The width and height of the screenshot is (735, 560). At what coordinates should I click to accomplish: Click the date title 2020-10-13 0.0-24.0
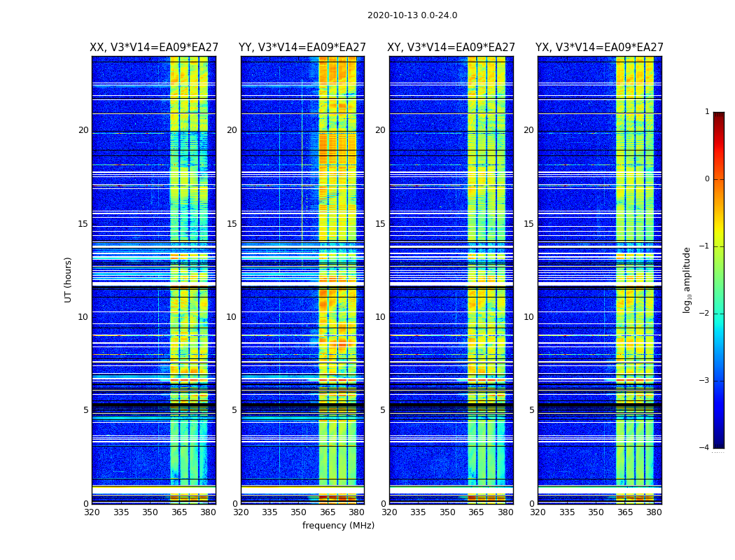coord(412,15)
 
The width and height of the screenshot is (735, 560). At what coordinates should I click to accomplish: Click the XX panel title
coord(153,48)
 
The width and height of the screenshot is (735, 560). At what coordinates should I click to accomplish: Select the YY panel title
coord(302,48)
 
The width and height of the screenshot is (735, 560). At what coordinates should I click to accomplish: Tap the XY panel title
coord(451,48)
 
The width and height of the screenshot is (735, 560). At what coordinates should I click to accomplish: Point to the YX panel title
coord(599,48)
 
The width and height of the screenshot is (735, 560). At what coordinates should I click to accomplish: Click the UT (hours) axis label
coord(69,279)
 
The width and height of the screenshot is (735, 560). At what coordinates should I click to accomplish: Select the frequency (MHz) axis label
coord(338,526)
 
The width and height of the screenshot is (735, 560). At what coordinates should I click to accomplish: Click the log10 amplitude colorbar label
coord(687,280)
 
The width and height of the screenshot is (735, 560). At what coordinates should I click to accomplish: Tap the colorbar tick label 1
coord(707,112)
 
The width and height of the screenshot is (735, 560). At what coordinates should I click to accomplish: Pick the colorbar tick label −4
coord(705,448)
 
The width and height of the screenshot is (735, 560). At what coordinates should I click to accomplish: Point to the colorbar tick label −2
coord(705,314)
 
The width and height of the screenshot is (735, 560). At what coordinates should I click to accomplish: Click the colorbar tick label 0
coord(707,179)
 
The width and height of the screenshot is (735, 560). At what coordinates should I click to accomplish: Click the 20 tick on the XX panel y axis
coord(83,130)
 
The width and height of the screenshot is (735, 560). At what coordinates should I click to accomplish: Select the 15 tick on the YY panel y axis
coord(232,224)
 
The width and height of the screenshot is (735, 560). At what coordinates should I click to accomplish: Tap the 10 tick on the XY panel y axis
coord(380,317)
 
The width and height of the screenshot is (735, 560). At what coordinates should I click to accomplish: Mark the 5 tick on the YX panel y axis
coord(531,410)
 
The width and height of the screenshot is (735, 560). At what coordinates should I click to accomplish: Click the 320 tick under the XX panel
coord(92,512)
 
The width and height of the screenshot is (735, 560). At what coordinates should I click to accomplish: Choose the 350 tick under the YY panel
coord(299,512)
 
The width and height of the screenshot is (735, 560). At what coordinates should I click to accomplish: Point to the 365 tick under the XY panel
coord(476,512)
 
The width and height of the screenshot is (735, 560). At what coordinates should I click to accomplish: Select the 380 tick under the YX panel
coord(654,512)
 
